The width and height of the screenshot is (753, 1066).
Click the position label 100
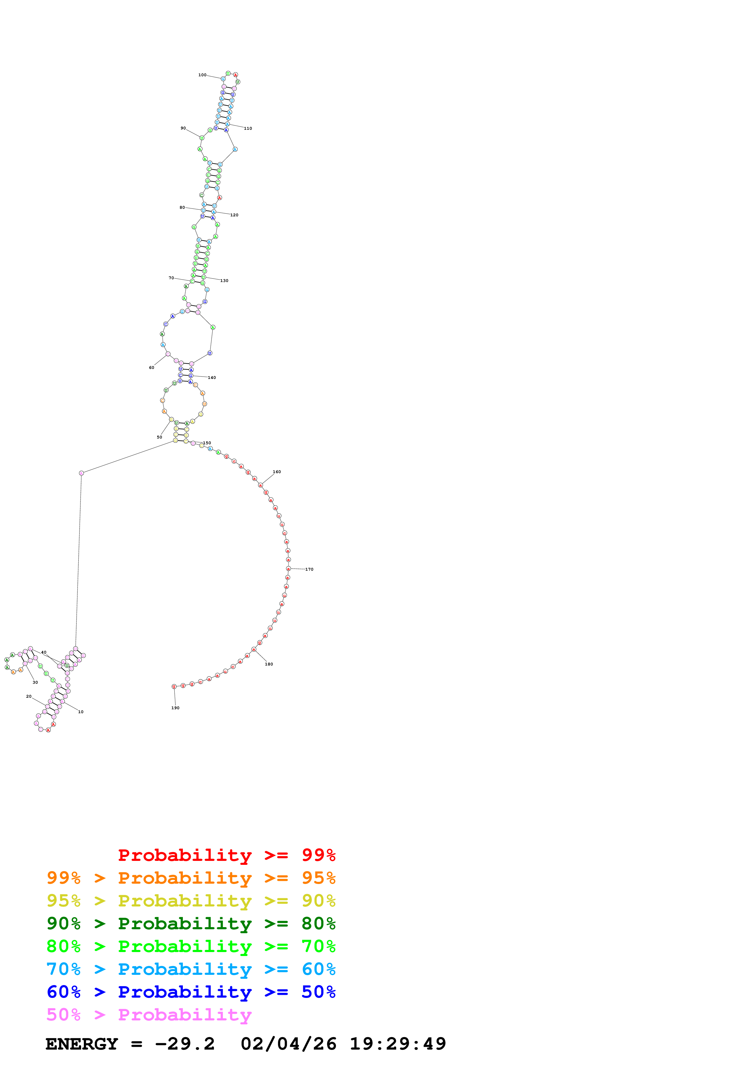[202, 75]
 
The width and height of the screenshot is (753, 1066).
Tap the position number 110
[248, 129]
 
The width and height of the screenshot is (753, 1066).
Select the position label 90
[183, 128]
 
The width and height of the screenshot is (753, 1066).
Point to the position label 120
[234, 215]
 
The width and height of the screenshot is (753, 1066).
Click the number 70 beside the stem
[171, 278]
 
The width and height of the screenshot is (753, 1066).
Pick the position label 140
[212, 377]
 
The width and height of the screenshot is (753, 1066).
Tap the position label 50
[159, 437]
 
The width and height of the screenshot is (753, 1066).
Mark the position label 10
[81, 712]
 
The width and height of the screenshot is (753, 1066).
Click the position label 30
[35, 683]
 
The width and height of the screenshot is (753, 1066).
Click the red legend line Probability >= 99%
[226, 855]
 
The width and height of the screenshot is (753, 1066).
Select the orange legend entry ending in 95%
[191, 878]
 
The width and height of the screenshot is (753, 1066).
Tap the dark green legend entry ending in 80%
[191, 923]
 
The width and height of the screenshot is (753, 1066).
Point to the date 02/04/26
[289, 1044]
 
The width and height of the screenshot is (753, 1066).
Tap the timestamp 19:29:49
[398, 1044]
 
